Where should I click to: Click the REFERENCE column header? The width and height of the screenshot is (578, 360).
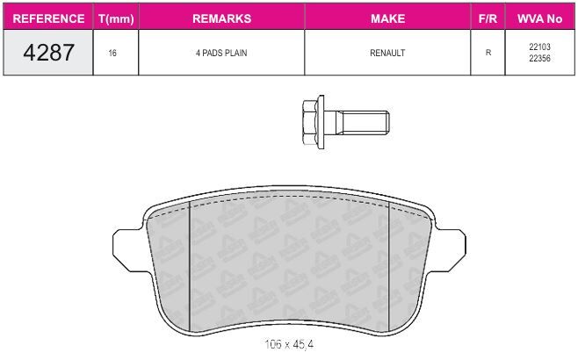coord(48,18)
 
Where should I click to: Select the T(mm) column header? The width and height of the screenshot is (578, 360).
coord(116,18)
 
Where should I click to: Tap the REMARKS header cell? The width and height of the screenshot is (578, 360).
coord(221,18)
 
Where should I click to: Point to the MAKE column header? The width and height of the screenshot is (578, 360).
coord(387,18)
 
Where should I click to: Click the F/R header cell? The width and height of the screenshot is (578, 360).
coord(488,18)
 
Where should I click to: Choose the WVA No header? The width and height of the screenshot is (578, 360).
coord(539,18)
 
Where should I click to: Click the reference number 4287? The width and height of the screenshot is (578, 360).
coord(48,53)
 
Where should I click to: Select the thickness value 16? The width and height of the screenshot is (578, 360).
coord(112,53)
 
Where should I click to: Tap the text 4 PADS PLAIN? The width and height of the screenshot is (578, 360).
coord(221,53)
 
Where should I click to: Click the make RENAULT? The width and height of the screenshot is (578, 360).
coord(387,53)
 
